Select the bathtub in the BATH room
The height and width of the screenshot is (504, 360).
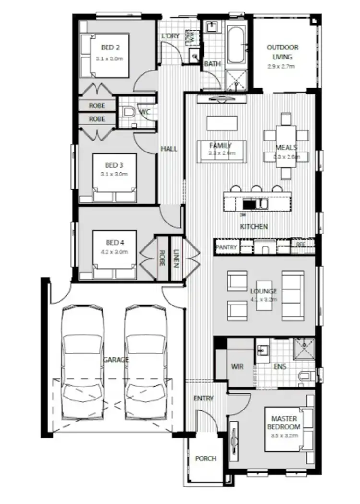pos(236,47)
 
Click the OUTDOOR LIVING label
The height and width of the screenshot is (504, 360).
pos(282,52)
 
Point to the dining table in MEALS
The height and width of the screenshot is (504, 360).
pos(286,147)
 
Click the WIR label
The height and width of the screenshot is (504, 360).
pos(238,366)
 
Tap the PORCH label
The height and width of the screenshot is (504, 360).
pos(205,458)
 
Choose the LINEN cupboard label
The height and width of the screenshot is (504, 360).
pos(176,258)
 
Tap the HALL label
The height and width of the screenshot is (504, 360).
pos(169,149)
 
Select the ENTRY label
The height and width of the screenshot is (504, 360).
pos(204,399)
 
